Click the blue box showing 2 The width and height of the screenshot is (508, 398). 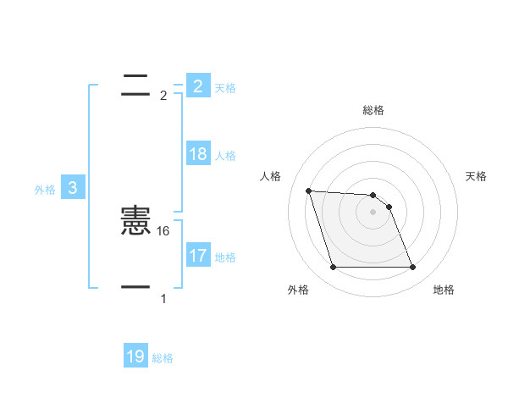point(198,86)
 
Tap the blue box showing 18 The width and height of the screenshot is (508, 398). point(198,154)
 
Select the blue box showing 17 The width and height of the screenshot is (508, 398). point(198,256)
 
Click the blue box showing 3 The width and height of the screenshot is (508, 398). point(73,189)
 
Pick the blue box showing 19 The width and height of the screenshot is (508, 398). point(135,357)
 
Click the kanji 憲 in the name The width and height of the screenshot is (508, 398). point(135,222)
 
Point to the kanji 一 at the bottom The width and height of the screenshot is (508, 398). point(135,288)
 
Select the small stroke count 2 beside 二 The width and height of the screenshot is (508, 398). point(163,96)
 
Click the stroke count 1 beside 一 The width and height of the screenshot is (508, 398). point(163,299)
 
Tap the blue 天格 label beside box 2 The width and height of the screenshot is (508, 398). point(225,88)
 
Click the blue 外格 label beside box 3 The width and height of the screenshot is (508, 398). point(45,191)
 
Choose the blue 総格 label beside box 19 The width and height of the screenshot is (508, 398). point(163,358)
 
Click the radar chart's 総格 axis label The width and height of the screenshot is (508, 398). point(373,111)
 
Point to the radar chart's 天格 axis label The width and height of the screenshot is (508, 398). point(477,176)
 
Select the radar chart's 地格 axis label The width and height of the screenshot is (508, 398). point(444,290)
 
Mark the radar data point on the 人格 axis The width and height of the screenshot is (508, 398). point(309,191)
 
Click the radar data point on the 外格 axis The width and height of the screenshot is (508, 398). point(333,268)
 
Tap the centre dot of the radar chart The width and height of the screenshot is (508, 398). point(373,212)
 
